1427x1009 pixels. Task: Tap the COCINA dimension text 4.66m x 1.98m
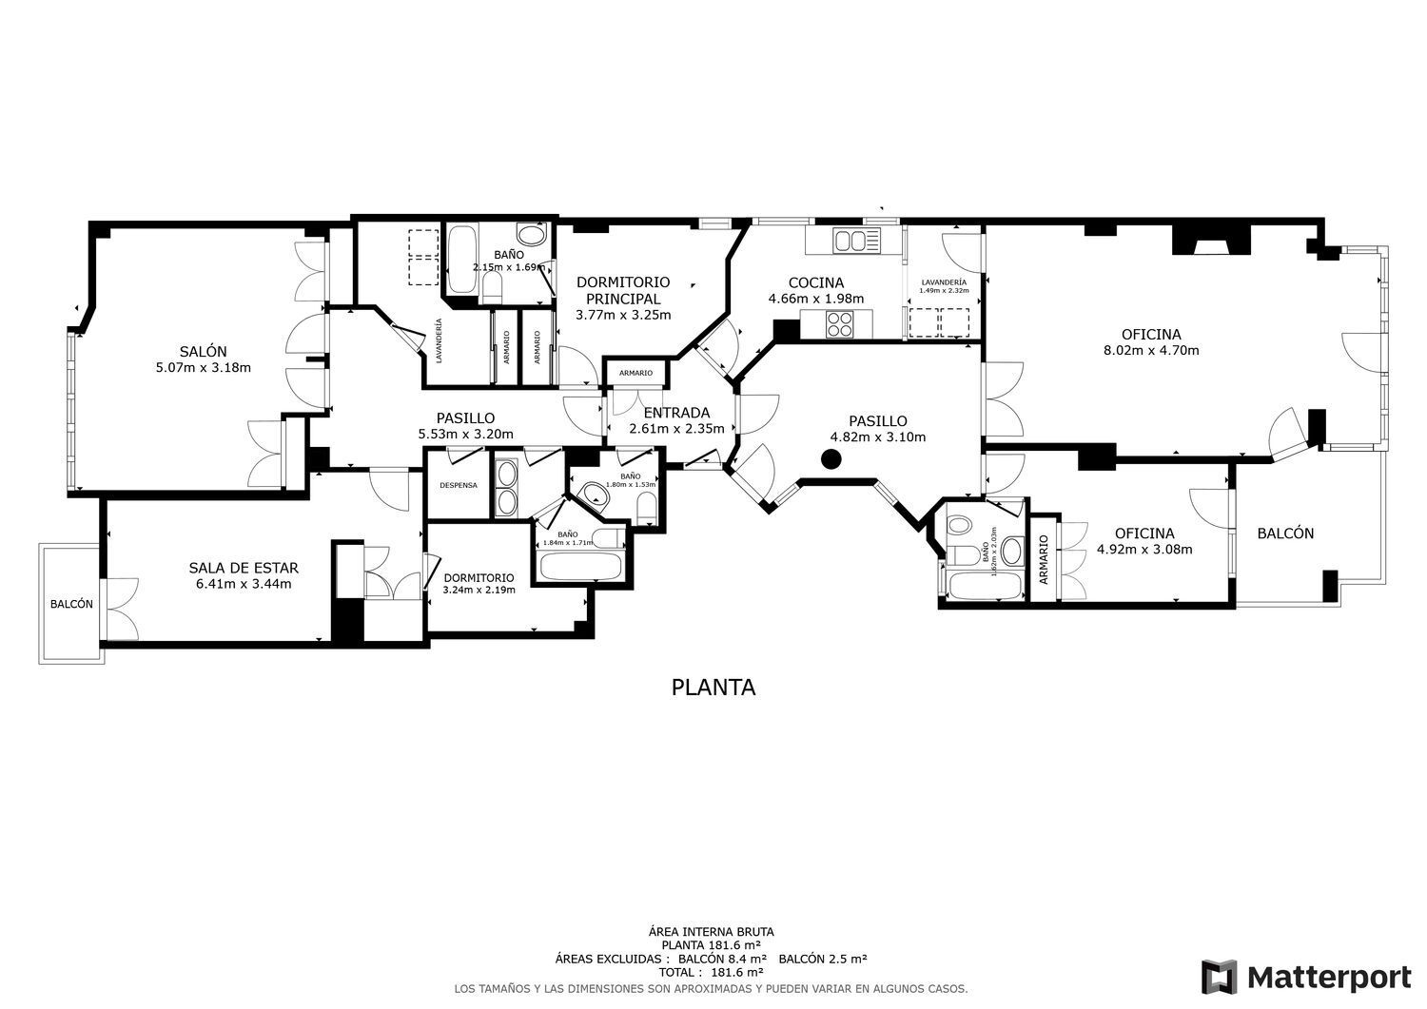click(815, 299)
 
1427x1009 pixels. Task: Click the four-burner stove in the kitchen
click(840, 325)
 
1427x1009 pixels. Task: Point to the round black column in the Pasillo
click(831, 460)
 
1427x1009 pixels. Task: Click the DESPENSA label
click(458, 485)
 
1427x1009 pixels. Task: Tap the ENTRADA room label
click(676, 413)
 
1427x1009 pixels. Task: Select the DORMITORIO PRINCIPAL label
click(623, 290)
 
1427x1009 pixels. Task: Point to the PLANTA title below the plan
click(713, 687)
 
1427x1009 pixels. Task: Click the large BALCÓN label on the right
click(1285, 534)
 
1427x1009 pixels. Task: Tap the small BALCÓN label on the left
click(71, 604)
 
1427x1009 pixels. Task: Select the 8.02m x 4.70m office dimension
click(1150, 350)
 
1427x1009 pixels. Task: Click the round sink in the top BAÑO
click(530, 235)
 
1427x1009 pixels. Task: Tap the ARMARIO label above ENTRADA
click(635, 373)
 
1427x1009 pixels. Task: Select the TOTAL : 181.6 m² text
click(713, 973)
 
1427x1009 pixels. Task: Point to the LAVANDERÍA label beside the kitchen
click(944, 282)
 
